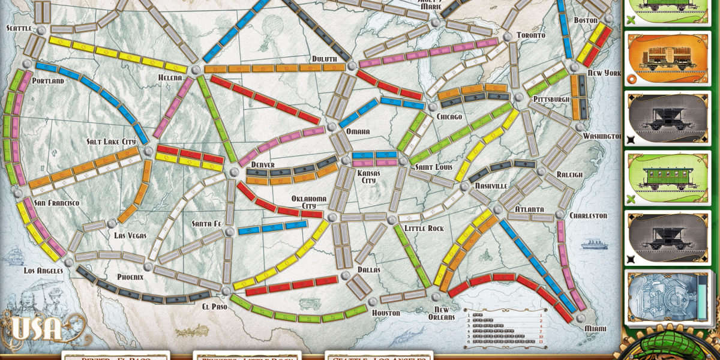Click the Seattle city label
(x=19, y=28)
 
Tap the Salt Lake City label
(x=112, y=142)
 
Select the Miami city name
(x=595, y=329)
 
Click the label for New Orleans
(x=441, y=313)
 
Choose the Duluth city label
(x=324, y=59)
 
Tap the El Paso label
(x=214, y=306)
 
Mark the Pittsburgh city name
(x=551, y=99)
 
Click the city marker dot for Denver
(x=234, y=172)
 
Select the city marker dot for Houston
(x=373, y=302)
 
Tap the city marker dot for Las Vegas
(x=111, y=224)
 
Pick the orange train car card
(x=667, y=59)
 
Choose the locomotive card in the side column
(x=667, y=298)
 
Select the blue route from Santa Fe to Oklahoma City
(x=273, y=227)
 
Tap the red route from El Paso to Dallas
(x=292, y=285)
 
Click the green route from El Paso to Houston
(x=298, y=313)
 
